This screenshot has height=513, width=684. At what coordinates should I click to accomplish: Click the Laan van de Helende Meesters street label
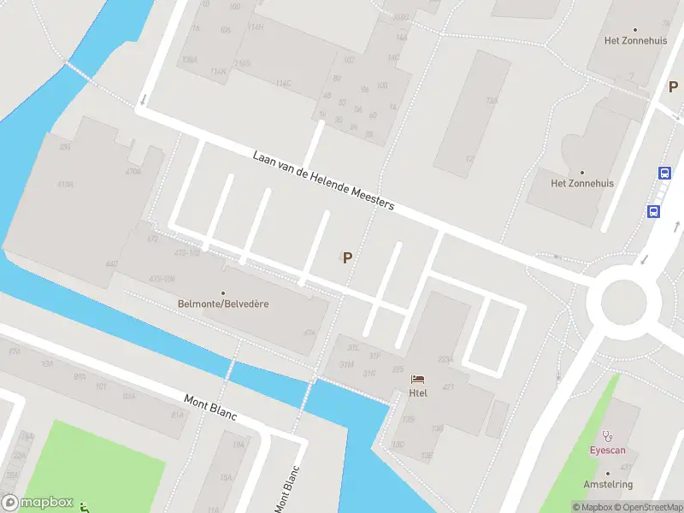click(323, 180)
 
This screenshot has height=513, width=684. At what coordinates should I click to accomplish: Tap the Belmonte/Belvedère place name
click(223, 304)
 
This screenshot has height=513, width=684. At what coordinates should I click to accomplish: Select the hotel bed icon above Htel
click(418, 378)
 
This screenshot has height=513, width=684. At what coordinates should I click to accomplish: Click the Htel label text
click(418, 393)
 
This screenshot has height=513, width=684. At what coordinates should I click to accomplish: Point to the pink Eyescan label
click(608, 450)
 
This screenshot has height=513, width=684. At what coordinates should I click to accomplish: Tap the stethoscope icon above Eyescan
click(608, 435)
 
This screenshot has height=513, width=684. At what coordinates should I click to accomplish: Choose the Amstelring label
click(608, 485)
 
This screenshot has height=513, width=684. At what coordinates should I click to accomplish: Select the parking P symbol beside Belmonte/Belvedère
click(347, 256)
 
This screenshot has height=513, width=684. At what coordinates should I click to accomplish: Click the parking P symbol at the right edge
click(673, 87)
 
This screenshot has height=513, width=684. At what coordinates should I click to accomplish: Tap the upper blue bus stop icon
click(664, 173)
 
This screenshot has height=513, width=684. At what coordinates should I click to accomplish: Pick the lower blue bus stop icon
click(653, 211)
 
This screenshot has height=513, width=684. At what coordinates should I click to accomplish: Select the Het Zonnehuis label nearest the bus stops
click(582, 183)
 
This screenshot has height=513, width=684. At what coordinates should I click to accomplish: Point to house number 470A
click(133, 172)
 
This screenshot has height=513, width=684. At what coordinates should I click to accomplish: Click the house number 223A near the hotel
click(445, 359)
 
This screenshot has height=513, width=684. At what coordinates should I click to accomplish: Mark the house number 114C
click(283, 83)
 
